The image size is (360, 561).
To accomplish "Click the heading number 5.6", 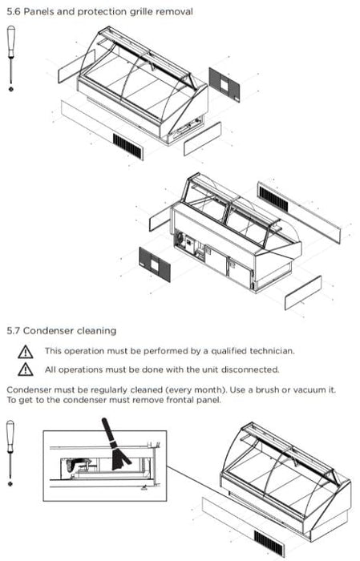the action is click(x=14, y=11).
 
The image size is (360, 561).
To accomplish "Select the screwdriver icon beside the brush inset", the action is click(x=10, y=453).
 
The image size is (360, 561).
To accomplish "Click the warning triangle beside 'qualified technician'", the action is click(x=26, y=352).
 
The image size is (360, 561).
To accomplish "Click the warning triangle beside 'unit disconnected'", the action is click(x=26, y=369).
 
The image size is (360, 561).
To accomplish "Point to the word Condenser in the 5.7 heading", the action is click(x=47, y=330).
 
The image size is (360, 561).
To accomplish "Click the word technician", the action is click(x=272, y=351).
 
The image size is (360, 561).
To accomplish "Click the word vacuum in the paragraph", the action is click(x=309, y=389).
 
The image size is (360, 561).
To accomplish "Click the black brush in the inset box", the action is click(x=115, y=444).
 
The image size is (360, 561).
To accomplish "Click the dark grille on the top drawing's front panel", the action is click(x=127, y=146).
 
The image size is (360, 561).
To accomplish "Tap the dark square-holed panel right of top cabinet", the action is click(x=224, y=85).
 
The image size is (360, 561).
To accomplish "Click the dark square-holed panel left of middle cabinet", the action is click(x=155, y=264).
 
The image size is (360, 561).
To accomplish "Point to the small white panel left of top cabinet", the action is click(x=76, y=67).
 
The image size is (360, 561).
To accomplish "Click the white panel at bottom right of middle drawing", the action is click(x=303, y=293).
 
